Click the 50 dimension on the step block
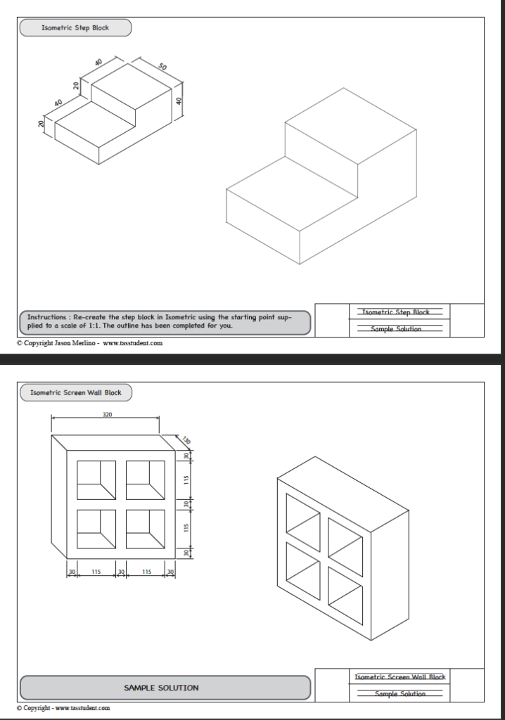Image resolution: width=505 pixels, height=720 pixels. [162, 67]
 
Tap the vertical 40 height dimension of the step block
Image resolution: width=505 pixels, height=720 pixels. [180, 101]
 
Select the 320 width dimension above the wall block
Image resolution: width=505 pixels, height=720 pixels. [107, 415]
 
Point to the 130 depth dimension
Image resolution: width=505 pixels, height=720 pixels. [186, 441]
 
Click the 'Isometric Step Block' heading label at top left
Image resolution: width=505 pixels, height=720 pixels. [75, 28]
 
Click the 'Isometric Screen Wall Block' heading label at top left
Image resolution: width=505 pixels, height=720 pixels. [76, 392]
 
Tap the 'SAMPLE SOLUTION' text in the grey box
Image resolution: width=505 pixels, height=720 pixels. [161, 688]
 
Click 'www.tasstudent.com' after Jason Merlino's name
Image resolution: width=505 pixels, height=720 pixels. [133, 343]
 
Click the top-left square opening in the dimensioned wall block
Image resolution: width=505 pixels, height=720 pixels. [96, 481]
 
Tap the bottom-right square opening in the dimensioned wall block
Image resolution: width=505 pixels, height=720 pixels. [146, 529]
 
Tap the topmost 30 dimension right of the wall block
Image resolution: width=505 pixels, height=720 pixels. [187, 456]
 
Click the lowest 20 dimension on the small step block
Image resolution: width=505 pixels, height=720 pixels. [41, 124]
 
